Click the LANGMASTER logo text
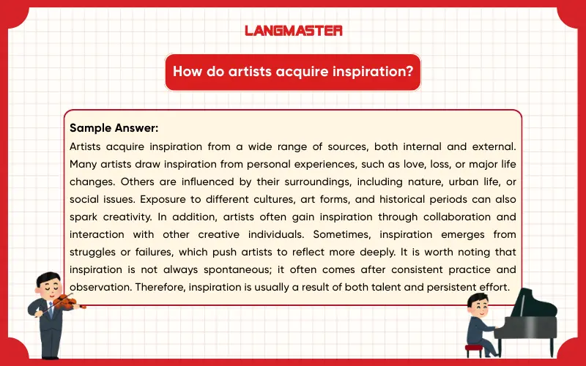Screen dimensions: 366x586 (293, 31)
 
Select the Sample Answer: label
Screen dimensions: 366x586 (114, 127)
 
